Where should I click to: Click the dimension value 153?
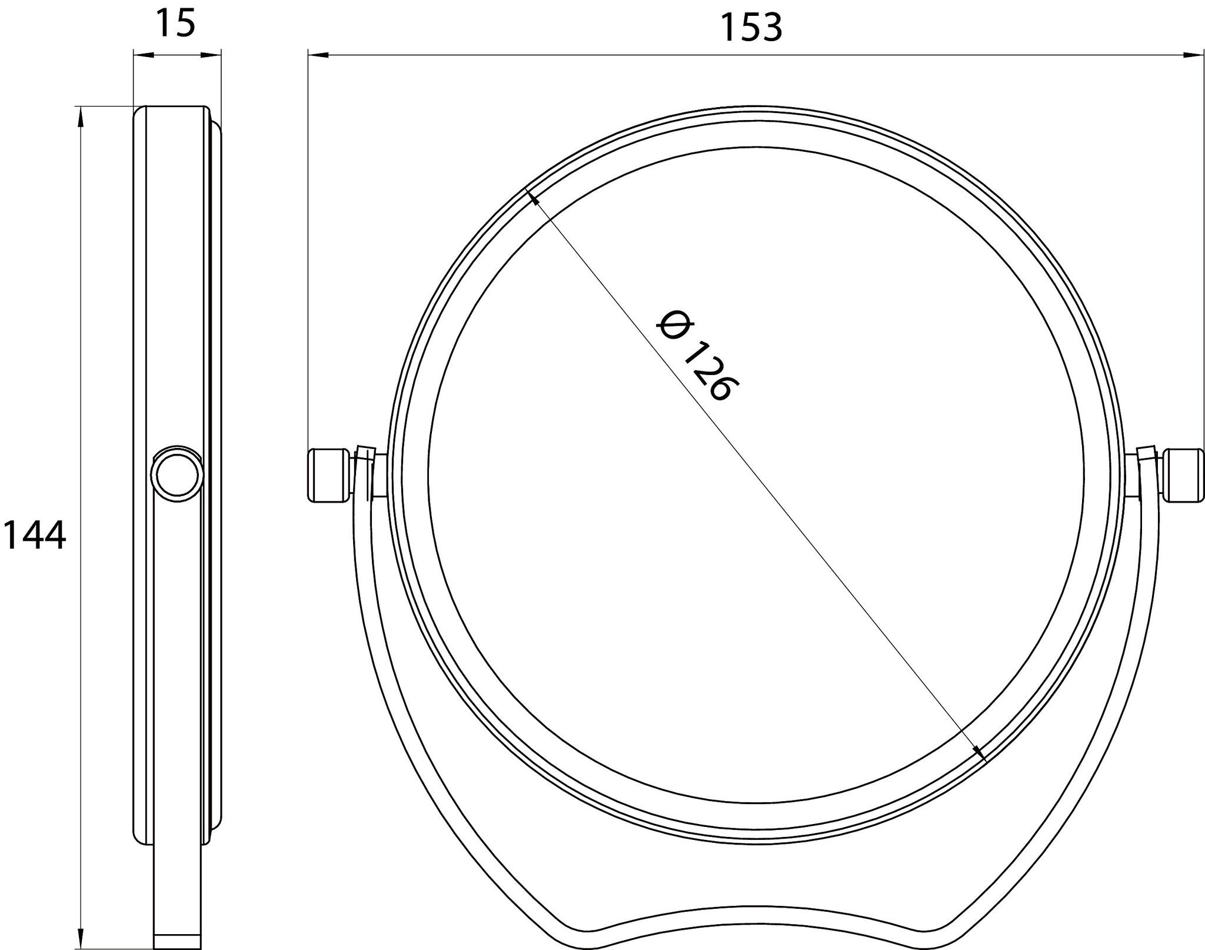[x=751, y=27]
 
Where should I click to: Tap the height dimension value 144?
[x=34, y=536]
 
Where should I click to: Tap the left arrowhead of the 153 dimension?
[x=318, y=55]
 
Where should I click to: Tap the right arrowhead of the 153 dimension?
[x=1193, y=55]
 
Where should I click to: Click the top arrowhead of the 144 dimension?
[x=80, y=117]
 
